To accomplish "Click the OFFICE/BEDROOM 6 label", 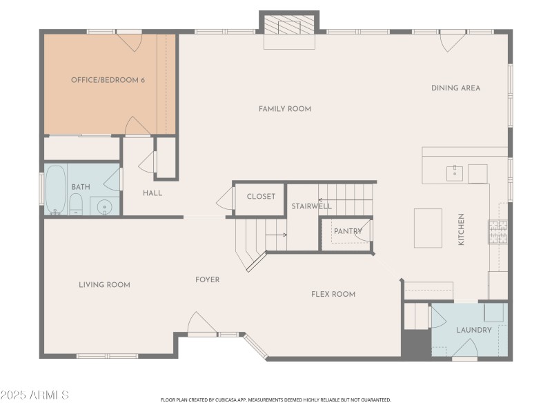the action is (x=108, y=80).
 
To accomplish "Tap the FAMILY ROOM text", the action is (x=285, y=109).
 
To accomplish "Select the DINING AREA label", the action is (x=455, y=88).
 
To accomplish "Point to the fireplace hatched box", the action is (x=289, y=24).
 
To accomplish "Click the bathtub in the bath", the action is (x=56, y=189).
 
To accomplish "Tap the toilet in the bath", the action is (x=76, y=204).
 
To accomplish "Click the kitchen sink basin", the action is (x=455, y=173).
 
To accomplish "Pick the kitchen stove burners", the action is (x=497, y=232).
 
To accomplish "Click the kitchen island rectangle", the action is (x=428, y=228).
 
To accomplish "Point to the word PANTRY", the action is (x=348, y=231).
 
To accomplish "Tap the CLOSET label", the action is (x=261, y=196).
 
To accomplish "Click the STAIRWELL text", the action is (x=311, y=206).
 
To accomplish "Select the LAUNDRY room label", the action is (x=474, y=330).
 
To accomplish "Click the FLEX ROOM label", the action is (x=333, y=294).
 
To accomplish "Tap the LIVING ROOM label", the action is (x=104, y=284).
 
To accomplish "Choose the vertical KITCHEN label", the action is (x=461, y=229).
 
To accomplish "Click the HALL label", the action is (x=152, y=193).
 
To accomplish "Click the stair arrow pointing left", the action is (x=345, y=200).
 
